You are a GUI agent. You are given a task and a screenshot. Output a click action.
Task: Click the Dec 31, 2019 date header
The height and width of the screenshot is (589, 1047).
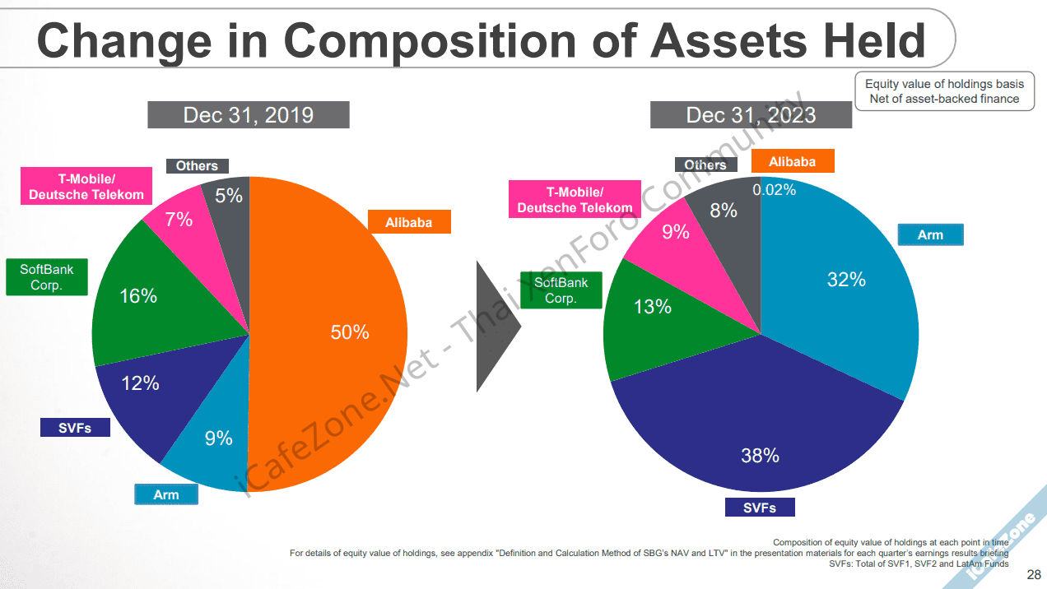pos(249,114)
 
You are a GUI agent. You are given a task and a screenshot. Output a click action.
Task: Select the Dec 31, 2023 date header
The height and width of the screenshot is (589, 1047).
pos(751,114)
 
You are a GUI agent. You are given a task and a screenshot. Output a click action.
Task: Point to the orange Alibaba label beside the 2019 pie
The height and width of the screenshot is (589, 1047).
pos(409,222)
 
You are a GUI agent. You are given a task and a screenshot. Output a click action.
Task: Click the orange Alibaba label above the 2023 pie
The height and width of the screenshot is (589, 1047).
pos(792,161)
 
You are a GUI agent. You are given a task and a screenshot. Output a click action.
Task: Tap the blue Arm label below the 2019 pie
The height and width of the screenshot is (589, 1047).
pos(166,494)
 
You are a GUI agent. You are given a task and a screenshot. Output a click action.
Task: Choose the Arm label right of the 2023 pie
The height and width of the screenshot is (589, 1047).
pos(930,234)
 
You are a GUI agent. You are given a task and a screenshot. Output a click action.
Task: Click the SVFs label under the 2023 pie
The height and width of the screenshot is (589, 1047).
pos(760,508)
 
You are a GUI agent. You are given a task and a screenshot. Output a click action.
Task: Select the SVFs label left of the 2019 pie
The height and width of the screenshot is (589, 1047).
pos(75,428)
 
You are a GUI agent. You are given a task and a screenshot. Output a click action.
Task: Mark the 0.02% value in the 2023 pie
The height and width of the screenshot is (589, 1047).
pos(775,190)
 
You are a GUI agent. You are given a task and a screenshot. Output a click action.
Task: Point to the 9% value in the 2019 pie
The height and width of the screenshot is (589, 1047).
pos(219,438)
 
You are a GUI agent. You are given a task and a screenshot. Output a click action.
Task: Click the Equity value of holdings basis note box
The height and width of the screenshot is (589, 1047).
pos(944,91)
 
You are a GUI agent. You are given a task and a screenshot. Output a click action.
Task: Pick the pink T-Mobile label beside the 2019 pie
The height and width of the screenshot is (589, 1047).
pos(86,187)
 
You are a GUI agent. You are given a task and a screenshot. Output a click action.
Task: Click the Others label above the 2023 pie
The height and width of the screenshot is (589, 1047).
pos(705,165)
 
